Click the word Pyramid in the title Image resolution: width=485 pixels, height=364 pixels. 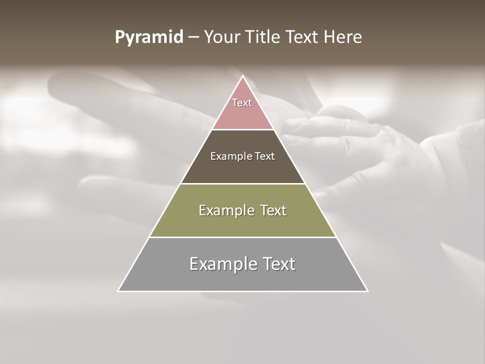point(149,38)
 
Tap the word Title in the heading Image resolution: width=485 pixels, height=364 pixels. point(263,37)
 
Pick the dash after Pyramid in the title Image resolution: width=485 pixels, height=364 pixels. point(193,38)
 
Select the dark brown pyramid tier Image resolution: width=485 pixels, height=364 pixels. point(243,169)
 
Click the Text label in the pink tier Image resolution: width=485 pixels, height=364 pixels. point(242,103)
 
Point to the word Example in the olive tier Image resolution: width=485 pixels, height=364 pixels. point(221,210)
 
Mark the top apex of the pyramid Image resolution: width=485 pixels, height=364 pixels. point(243,76)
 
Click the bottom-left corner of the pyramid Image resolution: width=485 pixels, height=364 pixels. point(119,291)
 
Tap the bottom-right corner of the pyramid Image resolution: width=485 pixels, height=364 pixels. point(367,291)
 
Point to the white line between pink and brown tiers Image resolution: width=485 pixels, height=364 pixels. point(243,129)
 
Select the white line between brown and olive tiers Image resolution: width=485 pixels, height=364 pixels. point(243,184)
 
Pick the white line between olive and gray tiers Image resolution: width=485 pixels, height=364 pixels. point(243,237)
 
